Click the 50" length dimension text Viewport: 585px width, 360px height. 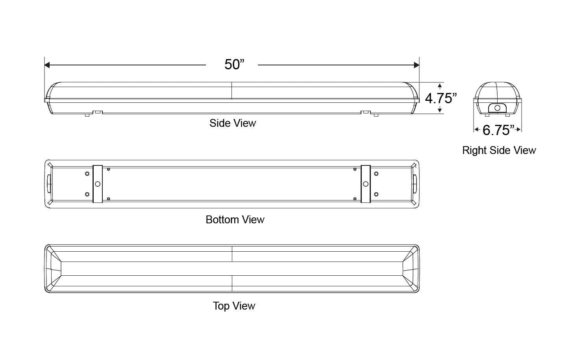[234, 65]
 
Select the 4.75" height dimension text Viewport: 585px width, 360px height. [441, 98]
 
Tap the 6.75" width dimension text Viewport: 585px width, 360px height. [498, 130]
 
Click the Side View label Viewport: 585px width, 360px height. [233, 123]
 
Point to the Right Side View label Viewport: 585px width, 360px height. [499, 150]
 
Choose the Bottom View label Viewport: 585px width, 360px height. [235, 219]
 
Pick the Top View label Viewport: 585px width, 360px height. [234, 306]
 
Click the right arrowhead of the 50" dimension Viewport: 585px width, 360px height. [417, 65]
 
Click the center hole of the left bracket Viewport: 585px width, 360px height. [97, 184]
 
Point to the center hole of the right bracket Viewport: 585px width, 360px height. [366, 184]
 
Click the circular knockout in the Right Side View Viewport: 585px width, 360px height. [497, 108]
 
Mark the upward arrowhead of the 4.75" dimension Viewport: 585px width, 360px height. [440, 85]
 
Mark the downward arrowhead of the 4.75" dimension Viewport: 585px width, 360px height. [440, 111]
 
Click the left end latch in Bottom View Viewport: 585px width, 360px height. [49, 184]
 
